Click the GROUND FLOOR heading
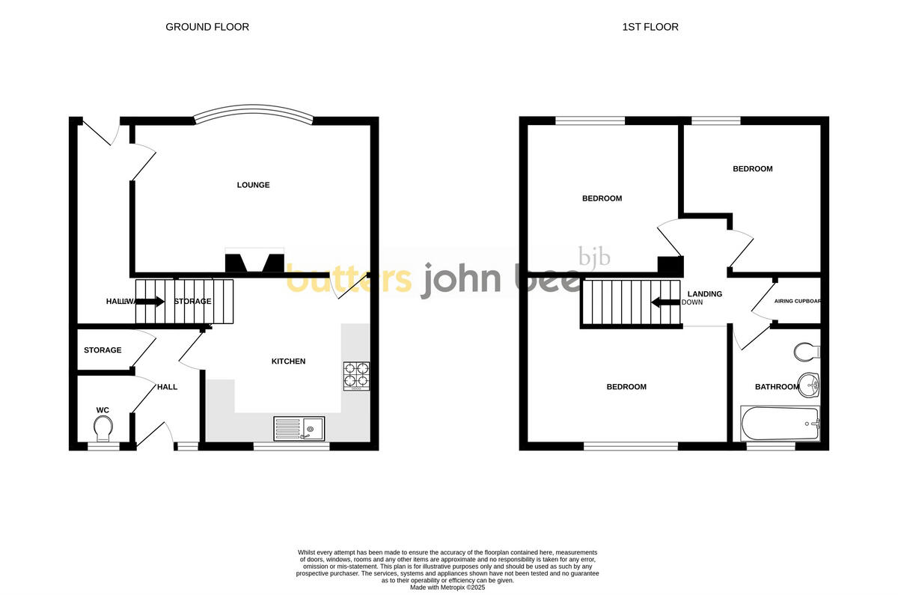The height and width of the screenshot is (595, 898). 207,27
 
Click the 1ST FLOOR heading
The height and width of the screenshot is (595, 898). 650,27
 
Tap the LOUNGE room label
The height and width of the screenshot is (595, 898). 253,185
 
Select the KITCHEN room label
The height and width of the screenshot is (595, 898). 288,361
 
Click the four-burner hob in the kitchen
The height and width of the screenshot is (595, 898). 356,376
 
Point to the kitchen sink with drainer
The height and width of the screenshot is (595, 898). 299,428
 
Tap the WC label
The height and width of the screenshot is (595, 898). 103,410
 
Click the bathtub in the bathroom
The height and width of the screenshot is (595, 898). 780,424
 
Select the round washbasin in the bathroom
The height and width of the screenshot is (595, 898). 810,385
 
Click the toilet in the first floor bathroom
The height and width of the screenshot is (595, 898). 807,352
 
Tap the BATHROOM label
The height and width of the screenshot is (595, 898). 777,387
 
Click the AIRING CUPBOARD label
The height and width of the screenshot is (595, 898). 798,302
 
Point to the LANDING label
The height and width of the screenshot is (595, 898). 705,294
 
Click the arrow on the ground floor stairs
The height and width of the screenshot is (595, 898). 150,302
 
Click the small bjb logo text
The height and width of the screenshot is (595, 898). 595,257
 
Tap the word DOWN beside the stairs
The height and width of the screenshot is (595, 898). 692,303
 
